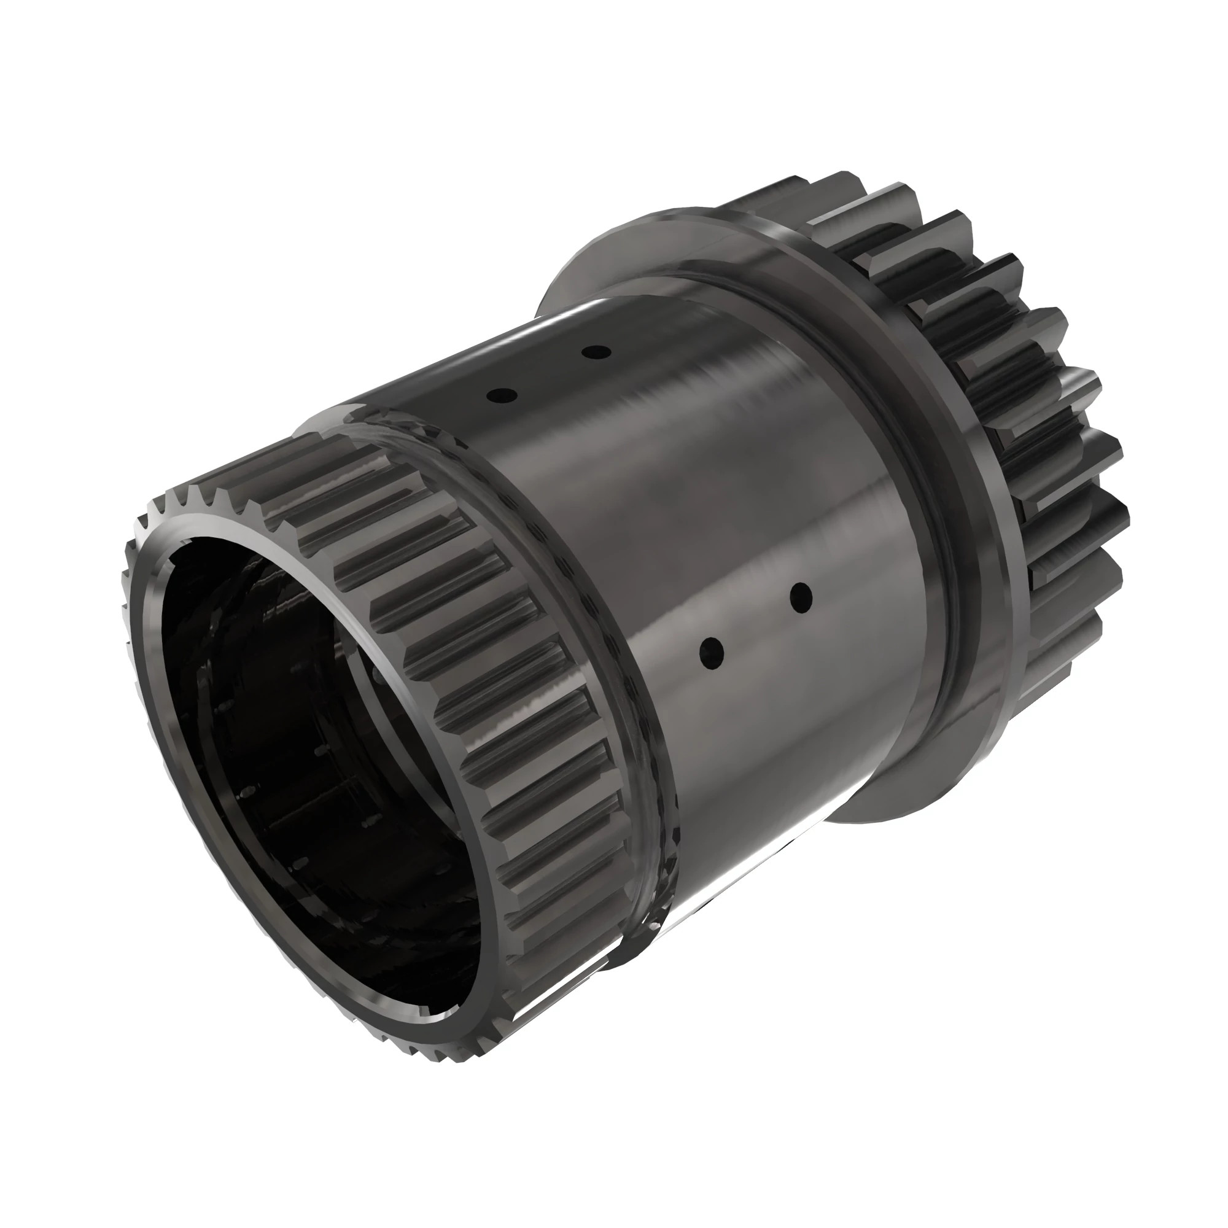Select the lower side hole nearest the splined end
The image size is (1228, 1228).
711,653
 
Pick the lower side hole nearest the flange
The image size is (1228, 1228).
801,597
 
